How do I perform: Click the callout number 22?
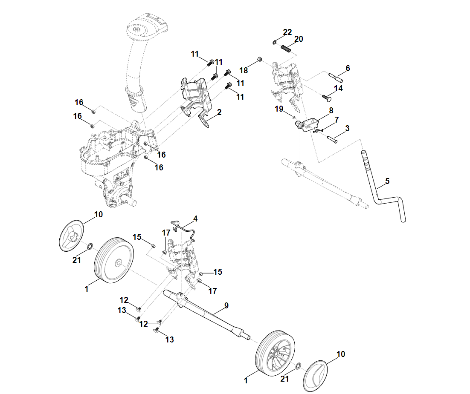pyautogui.click(x=287, y=32)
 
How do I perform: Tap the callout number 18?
pyautogui.click(x=243, y=70)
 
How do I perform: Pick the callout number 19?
pyautogui.click(x=279, y=109)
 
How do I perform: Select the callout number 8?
pyautogui.click(x=331, y=110)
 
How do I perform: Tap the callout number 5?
pyautogui.click(x=387, y=181)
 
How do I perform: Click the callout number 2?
pyautogui.click(x=219, y=112)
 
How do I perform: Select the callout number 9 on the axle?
pyautogui.click(x=226, y=305)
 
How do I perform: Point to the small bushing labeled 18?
pyautogui.click(x=259, y=59)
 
